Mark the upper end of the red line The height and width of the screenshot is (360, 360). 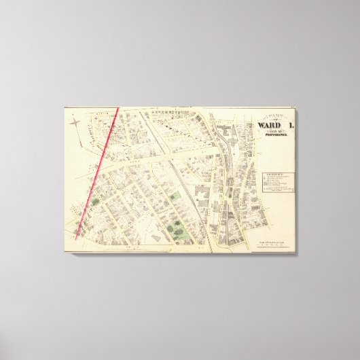coord(119,109)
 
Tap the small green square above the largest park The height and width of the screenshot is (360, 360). coord(175,197)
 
